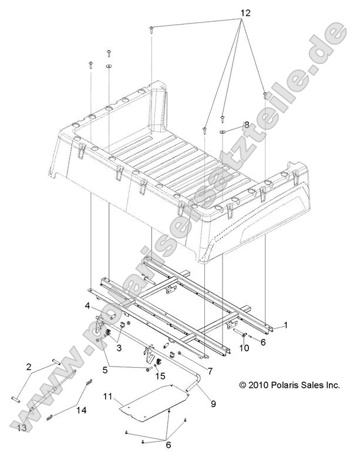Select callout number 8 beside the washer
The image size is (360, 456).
[x=247, y=125]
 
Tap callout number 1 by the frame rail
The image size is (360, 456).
[x=286, y=324]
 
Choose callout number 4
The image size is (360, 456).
[x=87, y=306]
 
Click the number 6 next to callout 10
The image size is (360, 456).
[x=263, y=341]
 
